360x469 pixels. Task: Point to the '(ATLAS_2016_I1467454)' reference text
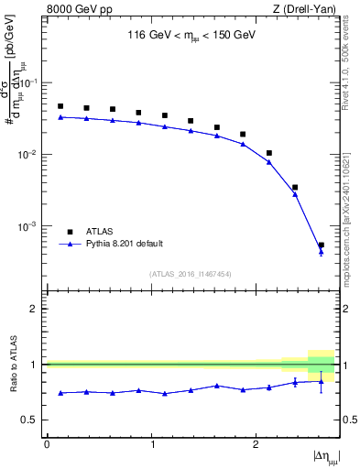(x=190, y=273)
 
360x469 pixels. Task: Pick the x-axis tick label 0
(x=47, y=443)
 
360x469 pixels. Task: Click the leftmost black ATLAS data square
(x=60, y=106)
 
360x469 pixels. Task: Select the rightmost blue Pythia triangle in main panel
(x=321, y=251)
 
